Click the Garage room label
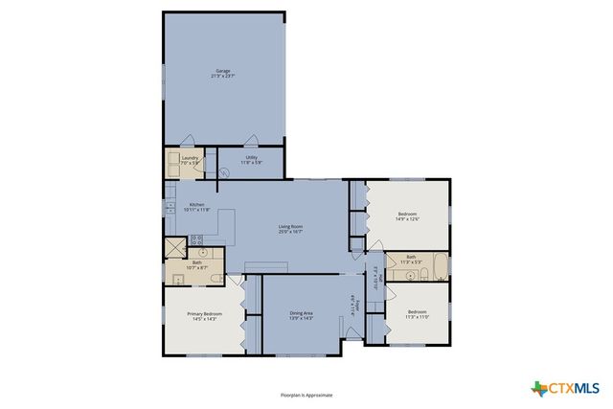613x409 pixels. tap(222, 72)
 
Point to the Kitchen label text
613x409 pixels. tap(196, 204)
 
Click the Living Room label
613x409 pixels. tap(291, 226)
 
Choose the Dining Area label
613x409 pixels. tap(302, 312)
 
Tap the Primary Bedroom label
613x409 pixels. tap(204, 314)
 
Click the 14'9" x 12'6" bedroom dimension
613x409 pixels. tap(408, 219)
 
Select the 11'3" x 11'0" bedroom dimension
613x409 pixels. tap(418, 317)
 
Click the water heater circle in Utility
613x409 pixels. tap(224, 172)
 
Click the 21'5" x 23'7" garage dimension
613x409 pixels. tap(222, 77)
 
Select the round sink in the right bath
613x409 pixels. tap(396, 275)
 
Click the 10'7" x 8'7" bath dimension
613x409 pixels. tap(196, 267)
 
